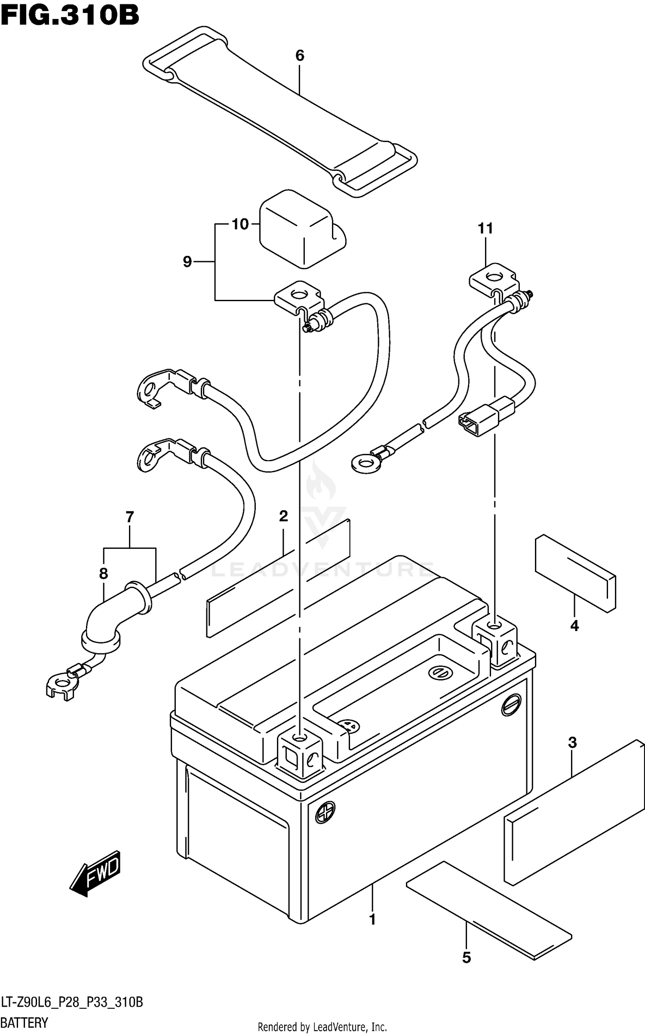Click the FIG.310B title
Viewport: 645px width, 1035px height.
pyautogui.click(x=70, y=16)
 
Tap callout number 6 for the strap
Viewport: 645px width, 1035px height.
pyautogui.click(x=300, y=55)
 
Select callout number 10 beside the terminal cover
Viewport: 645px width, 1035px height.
pyautogui.click(x=240, y=224)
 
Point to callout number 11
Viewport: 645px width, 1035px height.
pyautogui.click(x=485, y=228)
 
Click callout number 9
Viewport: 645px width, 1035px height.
pyautogui.click(x=187, y=262)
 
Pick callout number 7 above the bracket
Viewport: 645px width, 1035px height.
pyautogui.click(x=130, y=517)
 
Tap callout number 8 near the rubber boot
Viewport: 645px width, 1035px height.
pyautogui.click(x=103, y=573)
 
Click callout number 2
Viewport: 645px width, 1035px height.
pyautogui.click(x=283, y=516)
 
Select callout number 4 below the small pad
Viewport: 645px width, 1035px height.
pyautogui.click(x=574, y=626)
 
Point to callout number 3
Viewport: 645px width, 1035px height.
pyautogui.click(x=572, y=743)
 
